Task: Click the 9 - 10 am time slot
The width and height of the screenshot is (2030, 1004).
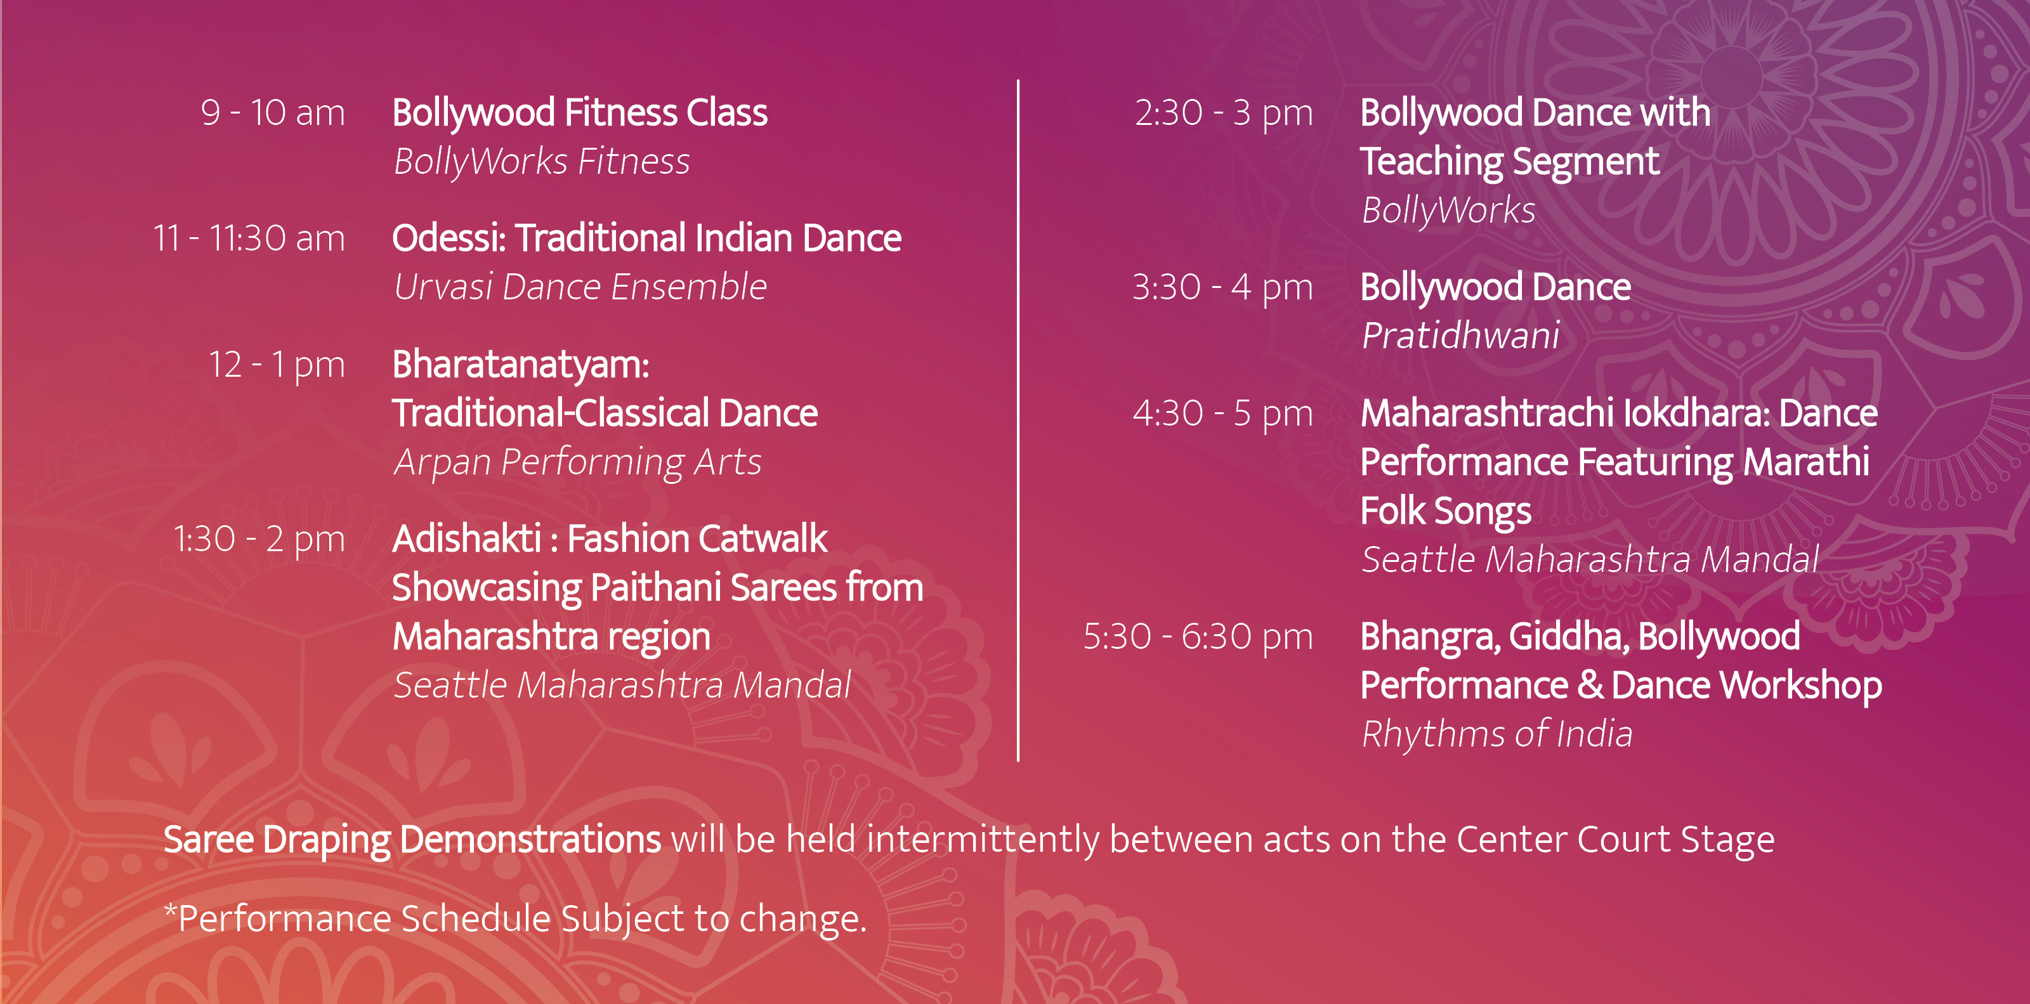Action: [x=273, y=113]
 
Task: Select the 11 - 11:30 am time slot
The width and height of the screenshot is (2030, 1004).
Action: [x=249, y=238]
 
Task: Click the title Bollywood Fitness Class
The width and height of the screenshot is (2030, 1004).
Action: [x=580, y=113]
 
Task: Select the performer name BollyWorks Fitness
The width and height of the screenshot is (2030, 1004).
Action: [x=541, y=162]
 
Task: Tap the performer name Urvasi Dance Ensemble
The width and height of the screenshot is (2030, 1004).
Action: [x=580, y=287]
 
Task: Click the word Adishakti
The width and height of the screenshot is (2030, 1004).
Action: [x=466, y=539]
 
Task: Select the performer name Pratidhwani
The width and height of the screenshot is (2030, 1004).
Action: [x=1460, y=336]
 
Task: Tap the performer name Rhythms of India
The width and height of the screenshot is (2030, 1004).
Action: [x=1496, y=734]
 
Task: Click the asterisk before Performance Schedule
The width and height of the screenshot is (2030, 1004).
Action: [x=169, y=910]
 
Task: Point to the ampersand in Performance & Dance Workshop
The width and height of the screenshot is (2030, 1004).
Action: [x=1590, y=685]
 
